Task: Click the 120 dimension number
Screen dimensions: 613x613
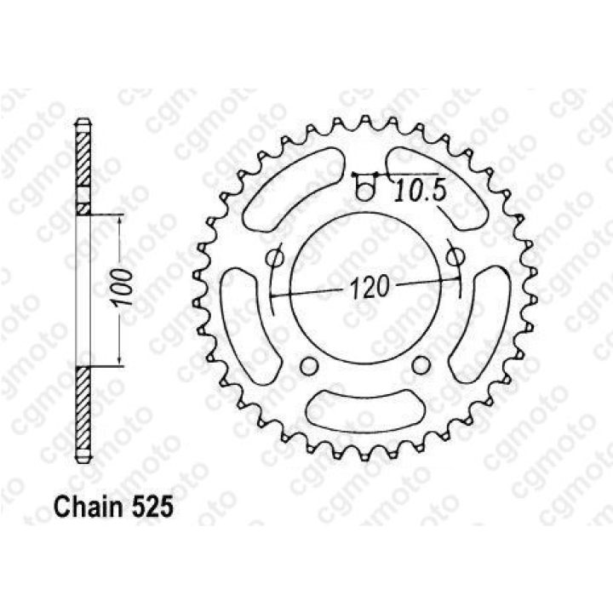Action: [370, 287]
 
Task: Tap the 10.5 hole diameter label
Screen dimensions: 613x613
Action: [420, 192]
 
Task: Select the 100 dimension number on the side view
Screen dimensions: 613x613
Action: [124, 288]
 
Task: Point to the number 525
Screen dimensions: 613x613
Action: [152, 507]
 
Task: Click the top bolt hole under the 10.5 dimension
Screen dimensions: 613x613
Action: [364, 192]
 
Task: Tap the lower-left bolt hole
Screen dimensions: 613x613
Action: [309, 365]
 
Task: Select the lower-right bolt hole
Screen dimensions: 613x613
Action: [421, 365]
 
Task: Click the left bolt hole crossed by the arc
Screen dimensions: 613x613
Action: [273, 258]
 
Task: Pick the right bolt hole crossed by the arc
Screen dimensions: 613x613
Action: [455, 256]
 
